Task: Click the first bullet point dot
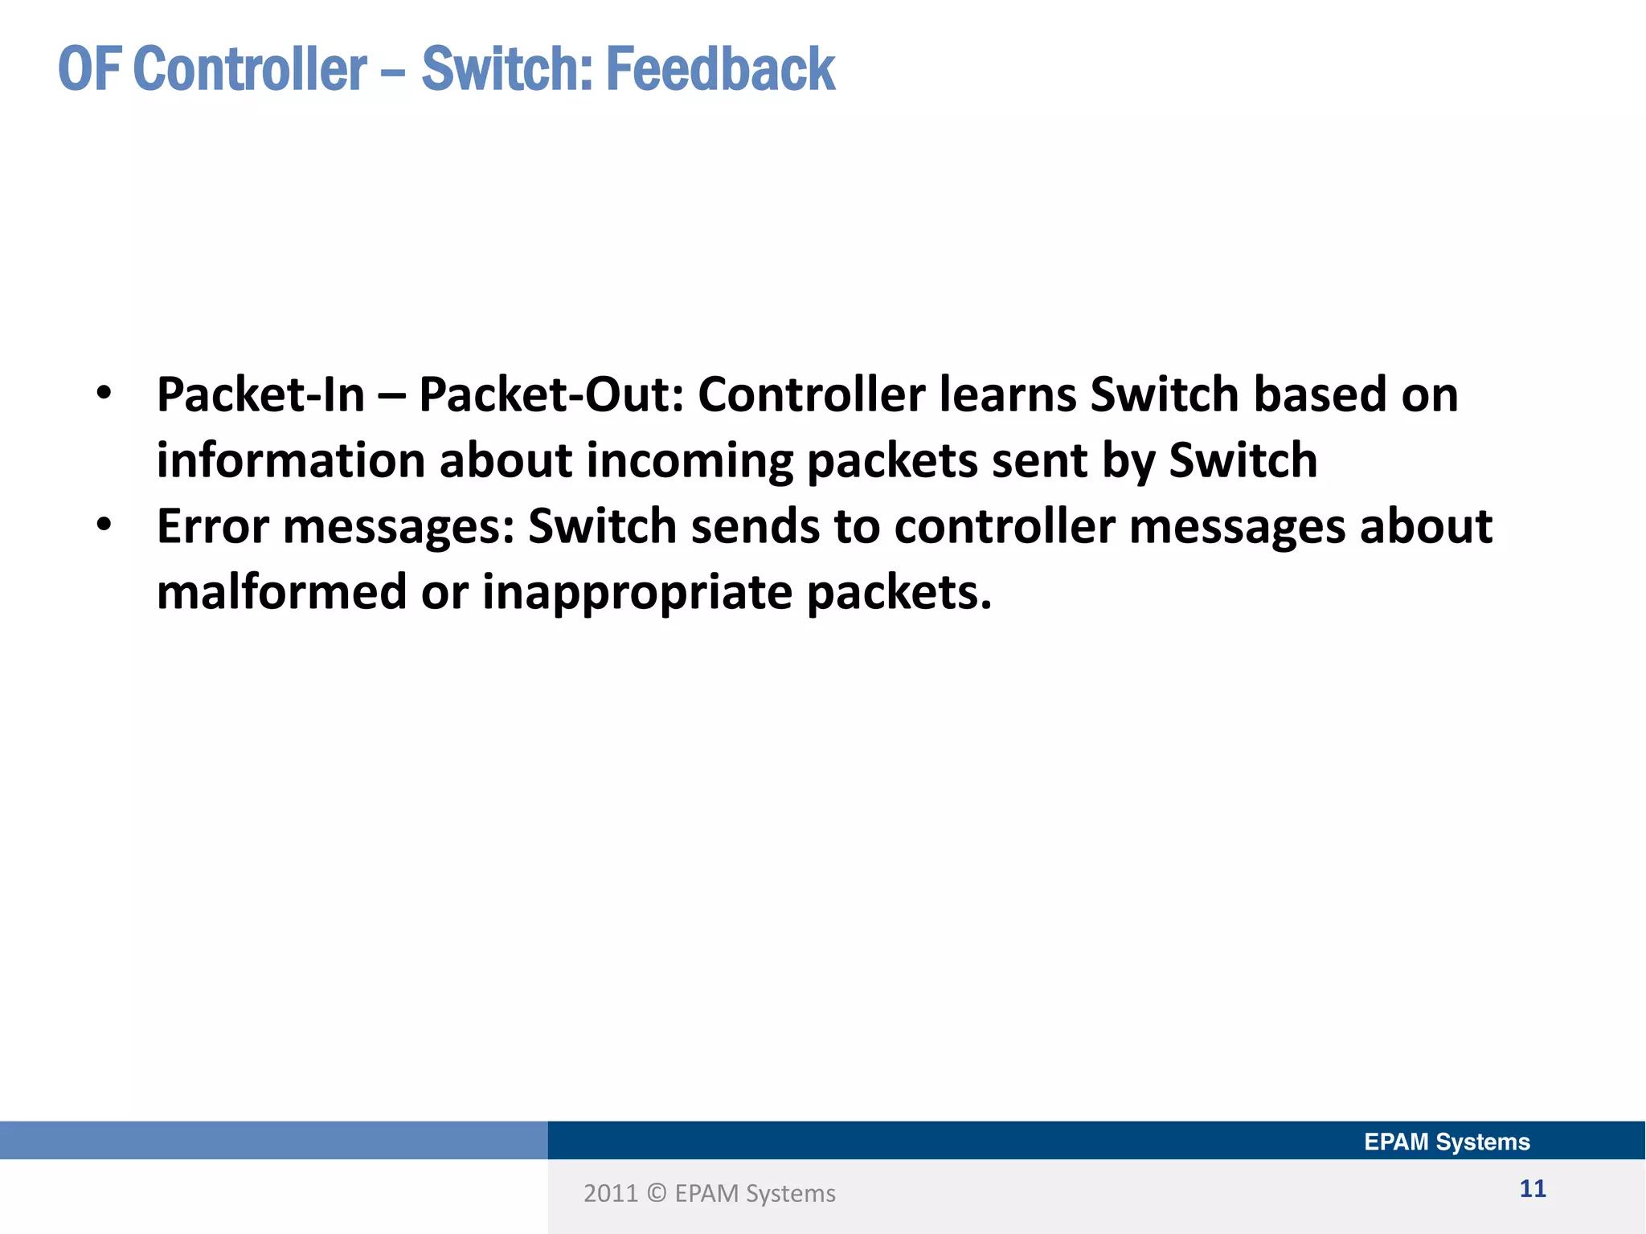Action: (x=104, y=394)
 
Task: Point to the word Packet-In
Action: (x=260, y=394)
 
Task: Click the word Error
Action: (x=212, y=526)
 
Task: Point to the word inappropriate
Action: (x=638, y=594)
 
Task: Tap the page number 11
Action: (x=1532, y=1189)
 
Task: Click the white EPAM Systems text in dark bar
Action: (x=1447, y=1142)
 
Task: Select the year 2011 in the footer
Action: (x=610, y=1194)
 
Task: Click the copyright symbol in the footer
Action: (x=657, y=1194)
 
